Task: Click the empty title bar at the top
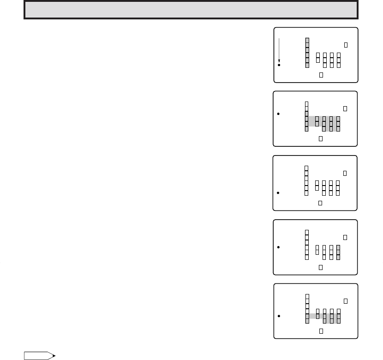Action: point(191,10)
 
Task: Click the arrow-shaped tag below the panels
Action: point(39,356)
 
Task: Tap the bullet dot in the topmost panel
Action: point(279,66)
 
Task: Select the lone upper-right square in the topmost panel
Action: point(346,45)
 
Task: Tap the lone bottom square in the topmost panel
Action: point(321,74)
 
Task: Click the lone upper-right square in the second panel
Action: point(346,108)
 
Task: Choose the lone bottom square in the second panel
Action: point(321,138)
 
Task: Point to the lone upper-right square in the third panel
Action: point(346,173)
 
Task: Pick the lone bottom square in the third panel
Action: point(320,203)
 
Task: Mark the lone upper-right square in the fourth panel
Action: point(346,237)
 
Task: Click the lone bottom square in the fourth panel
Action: point(321,267)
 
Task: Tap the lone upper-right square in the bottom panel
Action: point(346,301)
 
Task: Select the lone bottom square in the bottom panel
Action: point(321,330)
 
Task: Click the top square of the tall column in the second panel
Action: point(307,103)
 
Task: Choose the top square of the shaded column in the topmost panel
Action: point(307,40)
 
